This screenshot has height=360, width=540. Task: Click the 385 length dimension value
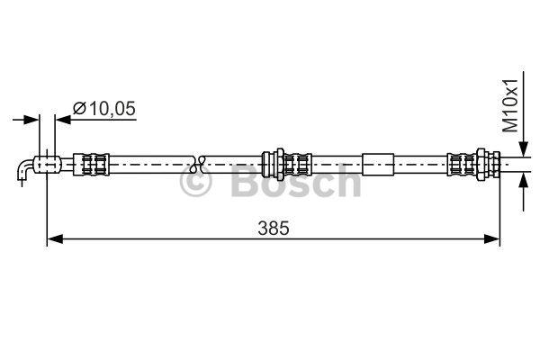click(x=274, y=228)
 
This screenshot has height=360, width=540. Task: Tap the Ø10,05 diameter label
click(x=104, y=109)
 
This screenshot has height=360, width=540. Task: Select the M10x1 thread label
click(x=510, y=105)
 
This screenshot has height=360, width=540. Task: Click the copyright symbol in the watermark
click(x=195, y=181)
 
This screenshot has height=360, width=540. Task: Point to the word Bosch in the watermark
click(x=295, y=180)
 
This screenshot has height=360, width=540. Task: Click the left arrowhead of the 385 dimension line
click(x=55, y=238)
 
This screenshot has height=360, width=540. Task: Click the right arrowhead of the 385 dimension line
click(x=491, y=238)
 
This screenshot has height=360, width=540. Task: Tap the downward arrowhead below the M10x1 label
click(x=524, y=149)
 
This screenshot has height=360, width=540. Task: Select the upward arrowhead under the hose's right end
click(x=524, y=181)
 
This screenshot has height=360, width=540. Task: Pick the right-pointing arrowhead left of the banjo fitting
click(x=31, y=120)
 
